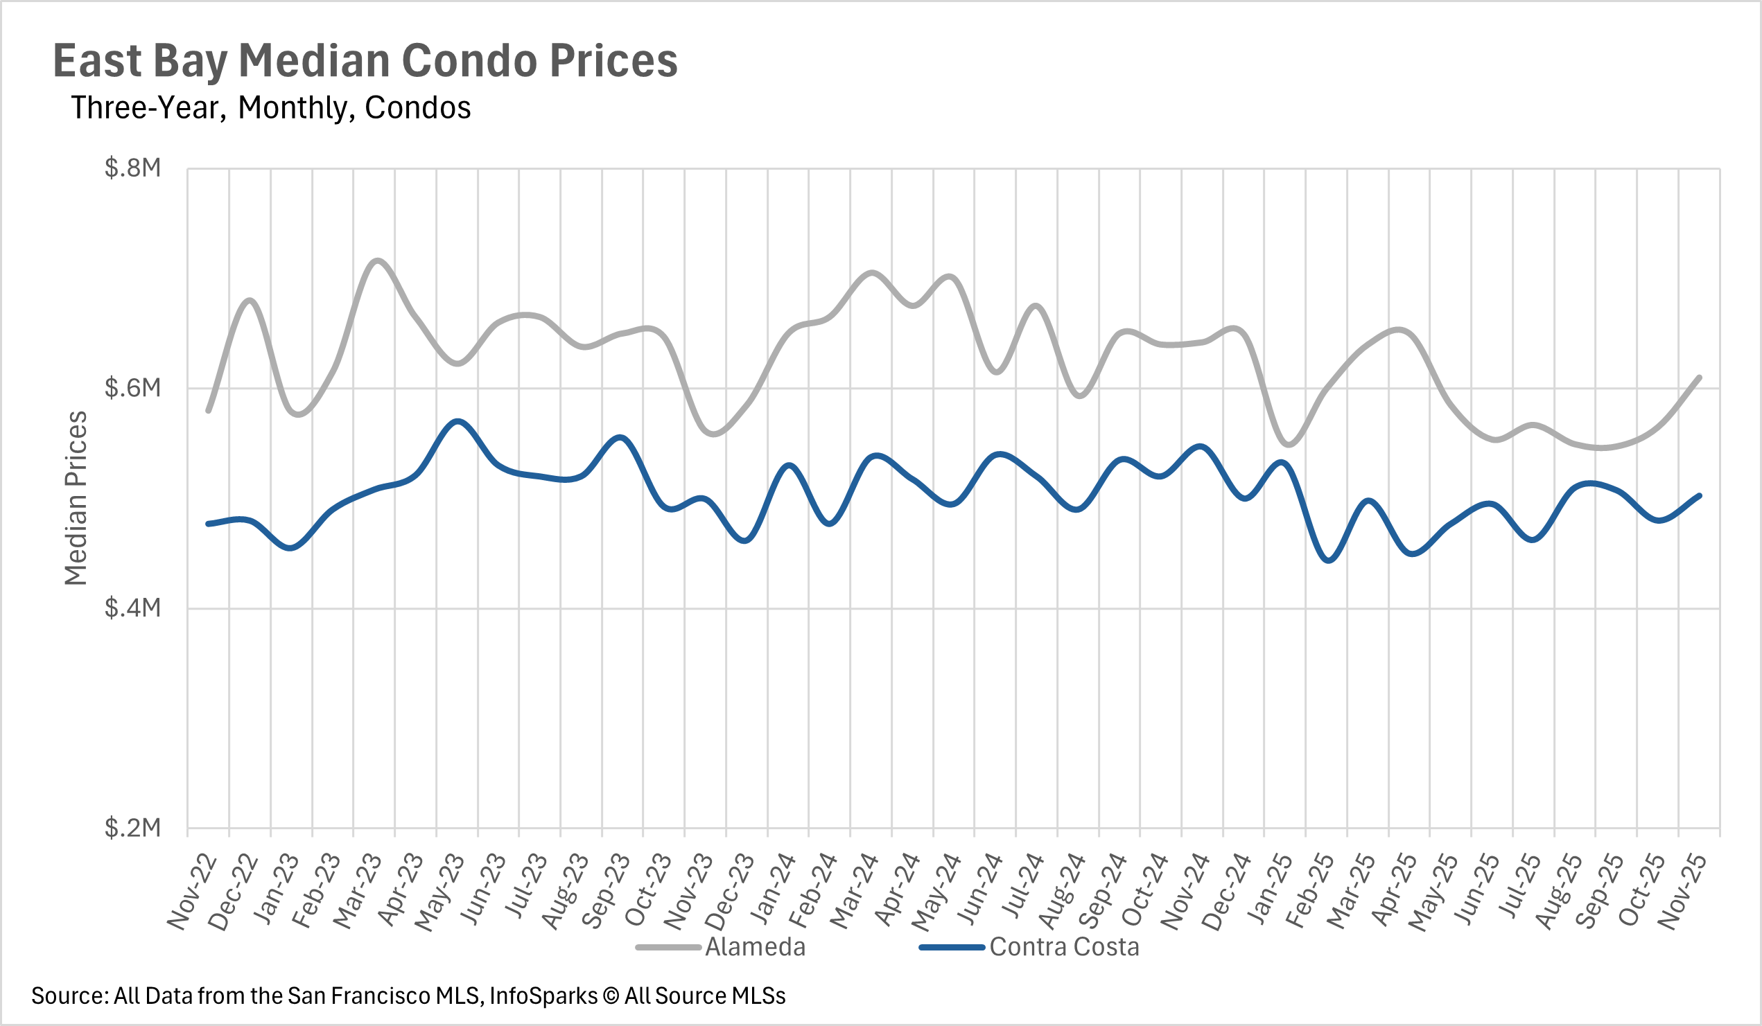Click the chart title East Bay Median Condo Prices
pos(365,61)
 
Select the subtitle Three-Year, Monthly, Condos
pos(270,107)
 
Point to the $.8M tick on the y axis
pos(133,168)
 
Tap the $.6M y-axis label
pos(133,388)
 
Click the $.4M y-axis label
pos(133,608)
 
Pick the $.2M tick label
pos(133,827)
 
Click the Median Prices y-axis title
pos(76,497)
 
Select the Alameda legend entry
pos(755,947)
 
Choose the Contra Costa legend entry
pos(1064,947)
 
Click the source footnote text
pos(408,996)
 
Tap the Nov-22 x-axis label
pos(192,892)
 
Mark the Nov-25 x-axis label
pos(1682,892)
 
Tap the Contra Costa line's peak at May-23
pos(458,421)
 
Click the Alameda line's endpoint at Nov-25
pos(1699,378)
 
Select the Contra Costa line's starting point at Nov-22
pos(209,524)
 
